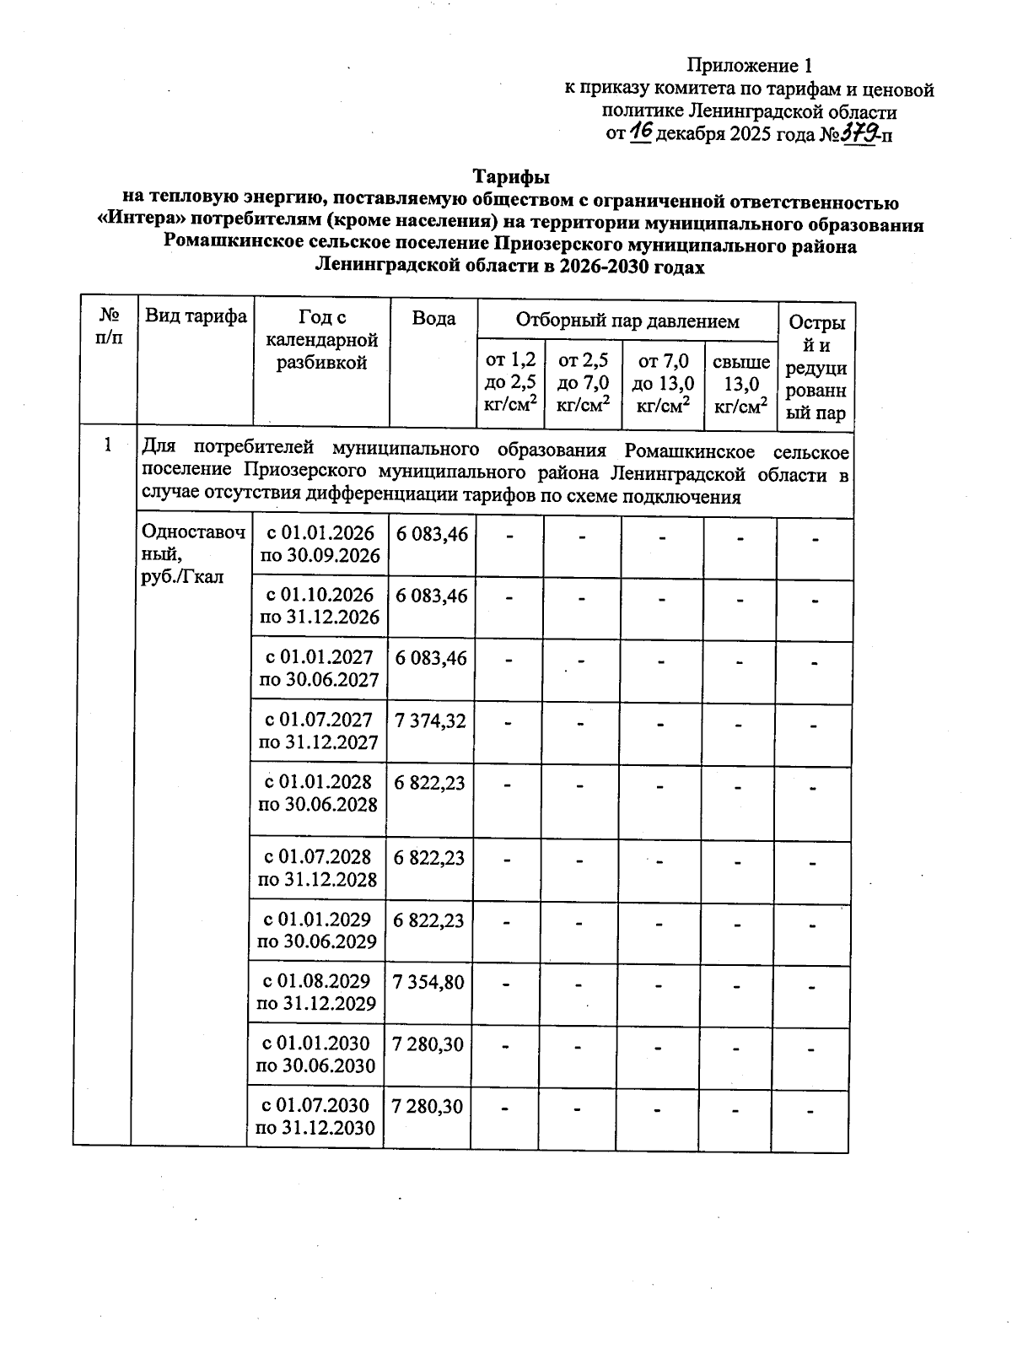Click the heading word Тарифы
point(511,177)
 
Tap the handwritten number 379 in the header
point(859,132)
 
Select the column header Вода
point(433,318)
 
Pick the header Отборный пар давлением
point(627,321)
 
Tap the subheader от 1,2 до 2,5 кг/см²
point(511,383)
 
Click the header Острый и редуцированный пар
point(816,368)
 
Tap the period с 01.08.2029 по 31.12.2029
point(316,992)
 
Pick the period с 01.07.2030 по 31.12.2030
point(315,1116)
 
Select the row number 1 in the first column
point(107,445)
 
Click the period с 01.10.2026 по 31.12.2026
point(320,607)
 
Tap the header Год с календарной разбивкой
point(321,340)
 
